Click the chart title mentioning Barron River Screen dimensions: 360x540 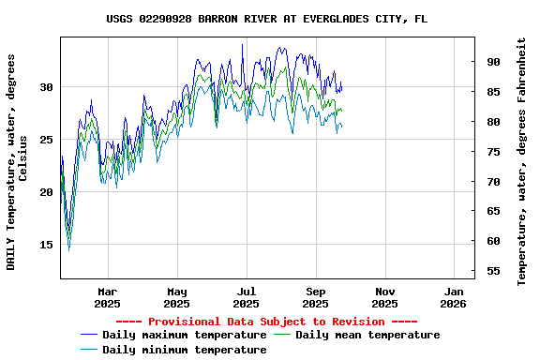(x=267, y=19)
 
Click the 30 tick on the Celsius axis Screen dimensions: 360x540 (x=47, y=87)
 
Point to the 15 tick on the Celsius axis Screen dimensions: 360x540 (x=47, y=245)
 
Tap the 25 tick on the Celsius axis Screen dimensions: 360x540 (x=47, y=140)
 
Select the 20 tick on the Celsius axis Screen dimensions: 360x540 (x=47, y=192)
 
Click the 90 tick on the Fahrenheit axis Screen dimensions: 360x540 (x=493, y=62)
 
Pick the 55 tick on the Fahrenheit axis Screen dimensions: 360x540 (x=493, y=271)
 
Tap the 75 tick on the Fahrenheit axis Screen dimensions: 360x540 (x=493, y=152)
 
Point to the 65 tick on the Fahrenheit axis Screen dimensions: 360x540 (x=493, y=211)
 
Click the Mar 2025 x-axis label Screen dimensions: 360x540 (x=108, y=297)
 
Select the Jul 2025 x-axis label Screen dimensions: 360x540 (x=246, y=297)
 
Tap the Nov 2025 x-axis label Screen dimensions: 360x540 (x=384, y=297)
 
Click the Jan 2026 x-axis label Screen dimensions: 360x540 (x=454, y=297)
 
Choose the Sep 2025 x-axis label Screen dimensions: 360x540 (x=315, y=297)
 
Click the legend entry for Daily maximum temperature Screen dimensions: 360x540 (x=184, y=335)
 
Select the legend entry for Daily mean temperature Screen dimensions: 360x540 (x=367, y=335)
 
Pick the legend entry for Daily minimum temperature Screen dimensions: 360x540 (x=184, y=350)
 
